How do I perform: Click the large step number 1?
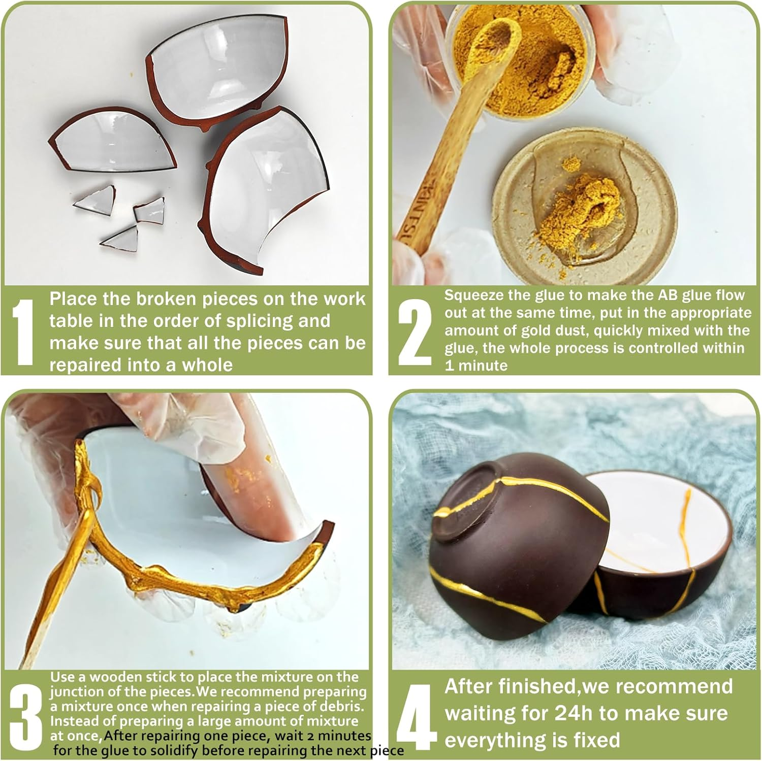pos(22,332)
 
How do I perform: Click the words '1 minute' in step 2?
pos(476,366)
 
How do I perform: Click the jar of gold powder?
pos(523,61)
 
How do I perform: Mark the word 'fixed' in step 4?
pos(596,740)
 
